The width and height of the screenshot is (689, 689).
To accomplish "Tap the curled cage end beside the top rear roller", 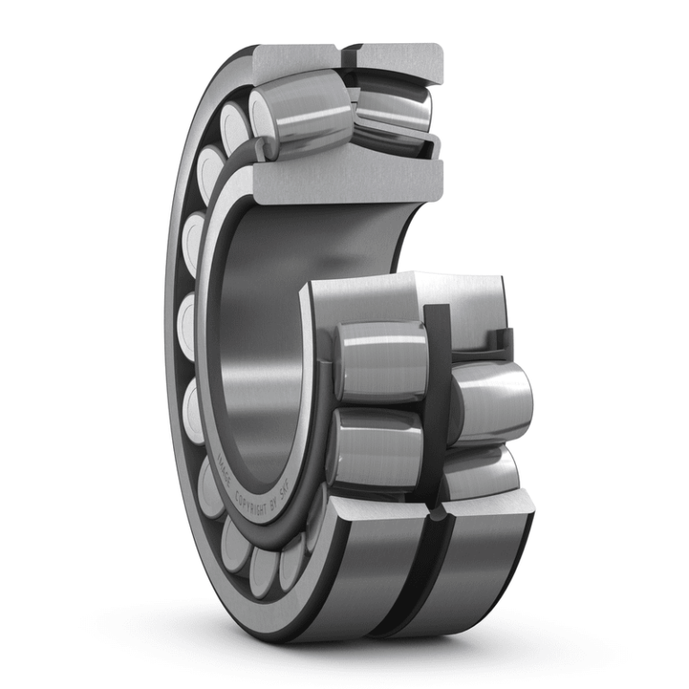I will click(437, 144).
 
